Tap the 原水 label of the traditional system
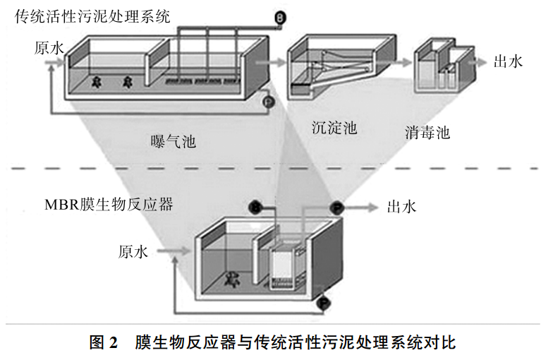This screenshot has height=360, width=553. (x=49, y=48)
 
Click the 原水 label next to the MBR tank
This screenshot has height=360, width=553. (x=133, y=251)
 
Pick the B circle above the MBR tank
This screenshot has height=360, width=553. (x=256, y=208)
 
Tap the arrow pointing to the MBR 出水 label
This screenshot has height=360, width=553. (x=363, y=208)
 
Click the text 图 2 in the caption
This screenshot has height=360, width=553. (x=104, y=344)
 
